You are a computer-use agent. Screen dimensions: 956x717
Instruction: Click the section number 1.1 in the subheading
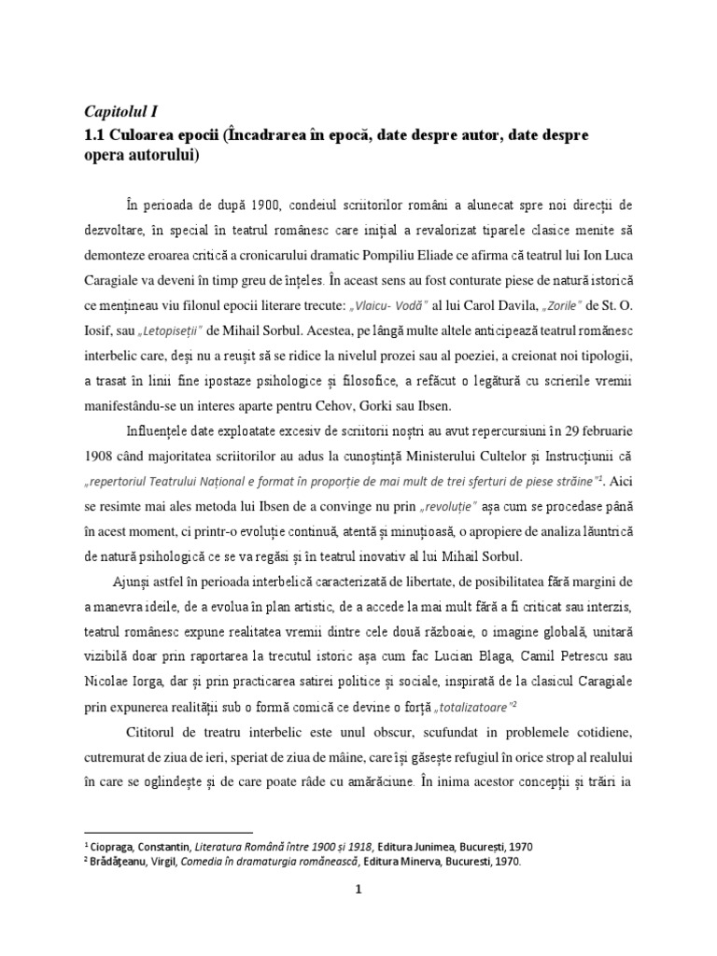pyautogui.click(x=96, y=134)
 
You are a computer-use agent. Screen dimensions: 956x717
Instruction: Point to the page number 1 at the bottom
pyautogui.click(x=357, y=890)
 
